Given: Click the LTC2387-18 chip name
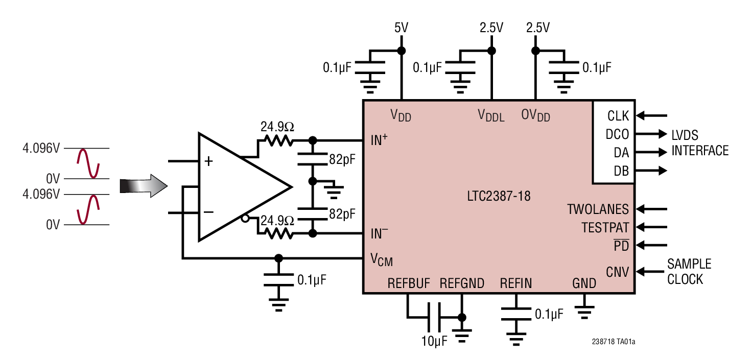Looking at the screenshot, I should point(499,196).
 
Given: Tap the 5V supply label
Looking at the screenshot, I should point(402,28).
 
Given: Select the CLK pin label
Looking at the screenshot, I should point(618,116).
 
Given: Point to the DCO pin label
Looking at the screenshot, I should point(617,135).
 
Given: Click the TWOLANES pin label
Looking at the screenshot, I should point(598,209).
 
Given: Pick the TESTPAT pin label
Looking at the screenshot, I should point(605,227).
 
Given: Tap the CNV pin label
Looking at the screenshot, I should point(618,271).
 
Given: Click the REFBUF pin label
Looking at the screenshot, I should point(409,283).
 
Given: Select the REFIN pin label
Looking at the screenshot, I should point(515,283).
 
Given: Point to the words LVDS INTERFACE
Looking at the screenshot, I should point(699,143).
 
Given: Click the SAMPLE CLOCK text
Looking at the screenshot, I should point(689,272).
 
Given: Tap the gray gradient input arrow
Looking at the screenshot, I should point(144,186).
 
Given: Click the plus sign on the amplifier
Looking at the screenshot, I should point(208,162).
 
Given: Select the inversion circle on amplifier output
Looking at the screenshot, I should point(245,219).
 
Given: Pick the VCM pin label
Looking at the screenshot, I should point(381,260).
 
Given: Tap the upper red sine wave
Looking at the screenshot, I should point(87,163).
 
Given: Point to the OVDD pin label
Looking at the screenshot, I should point(535,115).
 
